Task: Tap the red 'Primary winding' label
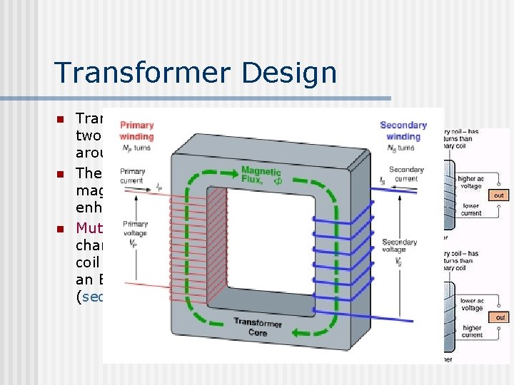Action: coord(136,130)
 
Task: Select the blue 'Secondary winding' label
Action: coord(403,130)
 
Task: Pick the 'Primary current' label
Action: coord(133,175)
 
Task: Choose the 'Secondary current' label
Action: coord(406,173)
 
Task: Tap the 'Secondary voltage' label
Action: coord(399,246)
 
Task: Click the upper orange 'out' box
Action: coord(499,195)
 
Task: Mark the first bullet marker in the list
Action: coord(61,118)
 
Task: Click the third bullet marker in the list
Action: coord(61,228)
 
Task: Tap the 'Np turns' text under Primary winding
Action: coord(136,148)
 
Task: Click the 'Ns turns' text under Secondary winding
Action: coord(403,148)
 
